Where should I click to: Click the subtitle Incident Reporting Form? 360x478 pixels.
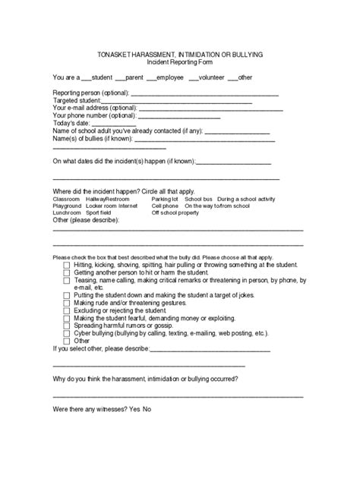180,64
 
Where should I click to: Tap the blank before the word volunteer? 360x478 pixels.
194,78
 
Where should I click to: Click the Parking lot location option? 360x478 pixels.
165,198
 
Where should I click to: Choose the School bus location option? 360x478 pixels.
198,198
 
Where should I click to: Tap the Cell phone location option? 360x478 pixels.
165,206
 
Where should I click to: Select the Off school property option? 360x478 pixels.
175,213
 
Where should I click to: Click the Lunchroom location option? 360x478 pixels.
66,213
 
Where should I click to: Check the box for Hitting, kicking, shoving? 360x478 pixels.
67,266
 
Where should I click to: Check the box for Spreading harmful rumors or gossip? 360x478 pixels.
67,325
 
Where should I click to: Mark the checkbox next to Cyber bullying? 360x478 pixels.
67,333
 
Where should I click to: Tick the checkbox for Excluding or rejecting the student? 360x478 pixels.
67,310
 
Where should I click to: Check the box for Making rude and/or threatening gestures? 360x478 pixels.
67,303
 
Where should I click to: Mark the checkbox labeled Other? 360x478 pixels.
67,341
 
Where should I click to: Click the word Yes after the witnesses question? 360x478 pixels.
135,410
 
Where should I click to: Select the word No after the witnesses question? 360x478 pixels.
147,410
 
